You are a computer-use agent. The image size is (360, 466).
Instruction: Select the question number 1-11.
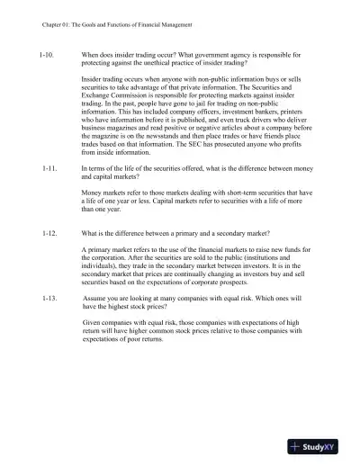click(x=49, y=169)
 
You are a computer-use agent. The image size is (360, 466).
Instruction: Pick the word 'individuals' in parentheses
click(x=101, y=265)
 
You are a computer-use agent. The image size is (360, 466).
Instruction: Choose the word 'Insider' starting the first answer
click(x=94, y=84)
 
